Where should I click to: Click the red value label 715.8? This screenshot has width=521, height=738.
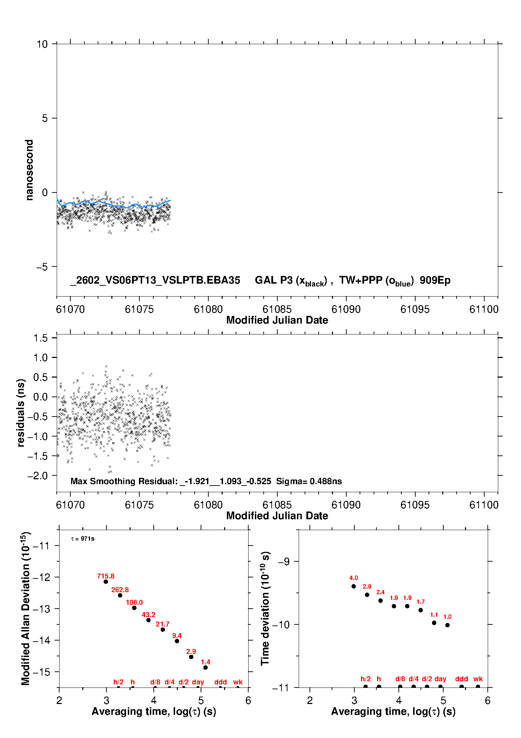(106, 576)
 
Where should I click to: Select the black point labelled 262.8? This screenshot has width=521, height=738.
(120, 595)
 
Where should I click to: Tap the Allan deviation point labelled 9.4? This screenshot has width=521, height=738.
(177, 641)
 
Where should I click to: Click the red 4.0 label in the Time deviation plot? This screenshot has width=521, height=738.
(354, 578)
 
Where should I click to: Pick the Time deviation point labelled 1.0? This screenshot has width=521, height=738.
(447, 625)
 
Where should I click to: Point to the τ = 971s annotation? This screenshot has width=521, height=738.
(83, 539)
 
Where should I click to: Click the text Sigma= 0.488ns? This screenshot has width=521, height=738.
(309, 481)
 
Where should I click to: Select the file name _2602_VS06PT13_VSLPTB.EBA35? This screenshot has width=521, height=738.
(155, 280)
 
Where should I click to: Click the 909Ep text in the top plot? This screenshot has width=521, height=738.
(435, 280)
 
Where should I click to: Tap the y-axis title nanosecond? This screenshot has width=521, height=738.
(29, 170)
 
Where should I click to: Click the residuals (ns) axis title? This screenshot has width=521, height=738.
(21, 413)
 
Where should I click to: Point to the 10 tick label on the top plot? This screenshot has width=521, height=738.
(42, 44)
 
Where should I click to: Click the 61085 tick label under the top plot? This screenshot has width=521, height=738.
(277, 309)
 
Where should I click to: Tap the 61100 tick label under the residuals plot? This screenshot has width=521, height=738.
(484, 505)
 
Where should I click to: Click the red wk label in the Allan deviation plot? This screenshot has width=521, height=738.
(238, 682)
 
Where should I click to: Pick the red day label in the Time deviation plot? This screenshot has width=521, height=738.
(440, 679)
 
